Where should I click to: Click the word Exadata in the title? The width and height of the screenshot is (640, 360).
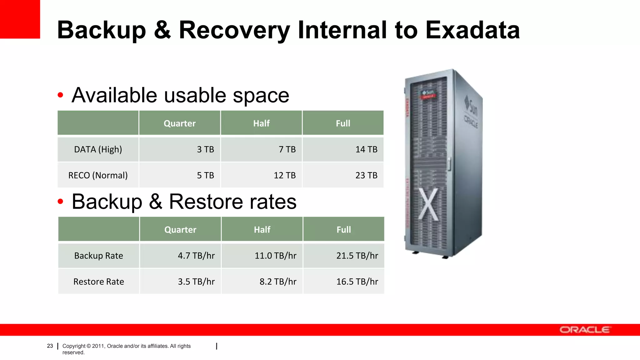point(472,30)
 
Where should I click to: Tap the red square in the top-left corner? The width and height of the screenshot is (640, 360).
point(20,19)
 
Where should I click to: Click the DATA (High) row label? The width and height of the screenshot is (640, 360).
point(98,149)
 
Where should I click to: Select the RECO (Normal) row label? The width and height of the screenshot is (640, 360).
point(98,175)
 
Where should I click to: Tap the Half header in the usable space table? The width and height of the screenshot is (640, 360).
point(261,123)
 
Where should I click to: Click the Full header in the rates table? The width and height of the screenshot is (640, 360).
point(343,230)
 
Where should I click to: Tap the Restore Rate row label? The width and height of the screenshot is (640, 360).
point(98,282)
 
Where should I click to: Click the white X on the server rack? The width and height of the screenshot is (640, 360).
point(428,204)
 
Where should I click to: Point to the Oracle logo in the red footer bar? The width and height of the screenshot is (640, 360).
point(584,330)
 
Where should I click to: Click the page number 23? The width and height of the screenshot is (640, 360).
point(50,346)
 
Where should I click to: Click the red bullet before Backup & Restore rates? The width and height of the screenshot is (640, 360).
point(60,202)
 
